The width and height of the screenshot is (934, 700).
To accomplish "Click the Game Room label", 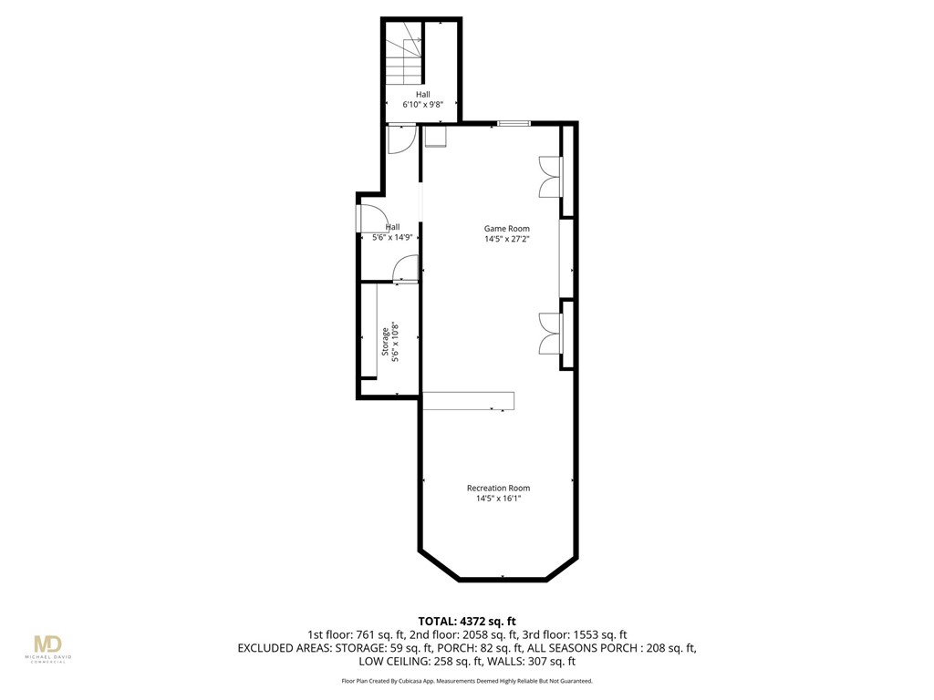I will (x=506, y=229).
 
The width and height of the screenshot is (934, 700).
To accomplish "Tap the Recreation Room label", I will (x=498, y=488).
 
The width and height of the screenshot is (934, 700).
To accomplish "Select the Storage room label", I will (x=385, y=344).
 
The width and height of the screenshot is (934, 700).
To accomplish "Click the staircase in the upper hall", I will (x=404, y=57).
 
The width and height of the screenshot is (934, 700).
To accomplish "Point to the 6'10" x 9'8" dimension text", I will (x=423, y=105).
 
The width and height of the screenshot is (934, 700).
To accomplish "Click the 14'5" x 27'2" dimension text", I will (x=507, y=240).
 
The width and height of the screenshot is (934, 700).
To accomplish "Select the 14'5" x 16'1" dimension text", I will (x=498, y=499).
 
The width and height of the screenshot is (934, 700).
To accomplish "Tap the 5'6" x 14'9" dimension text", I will (x=393, y=237).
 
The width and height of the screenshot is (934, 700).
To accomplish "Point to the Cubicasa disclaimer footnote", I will (x=467, y=681).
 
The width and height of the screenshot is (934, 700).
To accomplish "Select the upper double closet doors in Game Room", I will (x=549, y=176).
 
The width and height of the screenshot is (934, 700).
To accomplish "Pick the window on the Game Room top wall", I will (x=513, y=123).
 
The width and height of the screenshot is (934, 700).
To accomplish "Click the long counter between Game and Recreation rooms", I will (x=469, y=401).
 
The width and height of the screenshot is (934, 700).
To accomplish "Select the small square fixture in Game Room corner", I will (x=436, y=136).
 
